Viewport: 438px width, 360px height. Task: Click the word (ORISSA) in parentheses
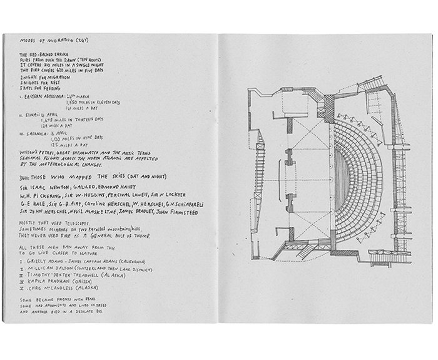(x=79, y=281)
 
